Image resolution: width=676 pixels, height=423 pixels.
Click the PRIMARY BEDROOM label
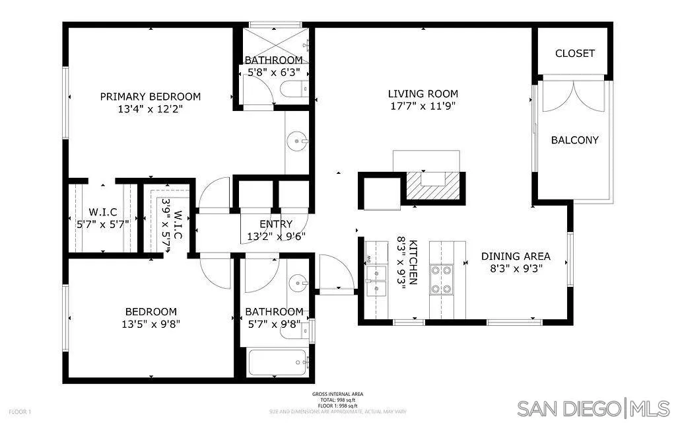pos(151,96)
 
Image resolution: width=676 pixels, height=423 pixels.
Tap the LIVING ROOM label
pos(422,94)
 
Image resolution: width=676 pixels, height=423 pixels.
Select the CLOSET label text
pos(574,54)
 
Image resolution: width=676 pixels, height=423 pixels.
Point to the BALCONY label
pos(574,140)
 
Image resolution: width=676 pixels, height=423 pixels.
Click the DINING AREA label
pos(516,256)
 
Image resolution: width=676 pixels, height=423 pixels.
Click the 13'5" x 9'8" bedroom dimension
pos(151,324)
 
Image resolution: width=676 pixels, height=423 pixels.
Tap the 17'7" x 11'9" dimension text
pos(422,106)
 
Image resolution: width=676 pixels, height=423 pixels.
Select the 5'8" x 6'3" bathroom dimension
pos(273,72)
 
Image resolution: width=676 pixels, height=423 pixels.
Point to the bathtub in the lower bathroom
pos(278,362)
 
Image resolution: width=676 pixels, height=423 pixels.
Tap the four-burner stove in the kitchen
pos(440,279)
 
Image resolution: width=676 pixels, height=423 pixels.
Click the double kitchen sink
pos(376,281)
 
